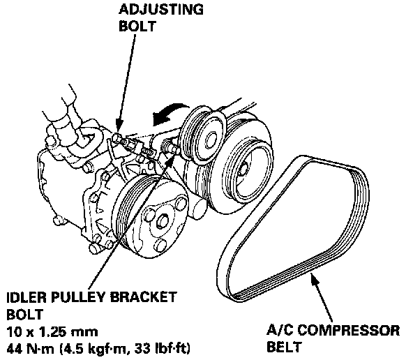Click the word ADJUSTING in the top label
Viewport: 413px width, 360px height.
[x=161, y=10]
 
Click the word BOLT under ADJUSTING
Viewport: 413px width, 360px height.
[x=137, y=26]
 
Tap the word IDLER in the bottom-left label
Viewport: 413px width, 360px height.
[x=26, y=298]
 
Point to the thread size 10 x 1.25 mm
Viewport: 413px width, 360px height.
[x=52, y=332]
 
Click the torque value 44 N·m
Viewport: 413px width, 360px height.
[x=30, y=349]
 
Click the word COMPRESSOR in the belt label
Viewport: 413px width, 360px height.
[x=349, y=330]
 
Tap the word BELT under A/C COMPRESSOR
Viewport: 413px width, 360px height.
[x=284, y=347]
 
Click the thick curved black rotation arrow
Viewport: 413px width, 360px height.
[x=169, y=113]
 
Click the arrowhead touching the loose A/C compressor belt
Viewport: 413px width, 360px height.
[x=314, y=280]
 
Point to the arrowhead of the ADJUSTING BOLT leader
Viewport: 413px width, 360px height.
[x=119, y=127]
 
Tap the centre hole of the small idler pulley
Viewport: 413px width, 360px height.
[x=210, y=140]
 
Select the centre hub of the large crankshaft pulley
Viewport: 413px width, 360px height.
[x=243, y=170]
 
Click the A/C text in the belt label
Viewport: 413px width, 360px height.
[x=280, y=330]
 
